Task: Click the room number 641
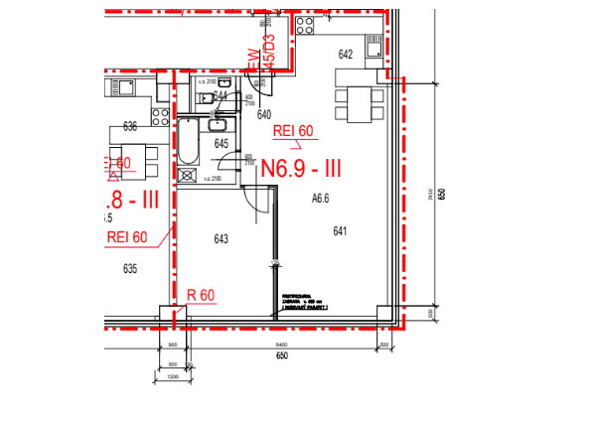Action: [x=340, y=231]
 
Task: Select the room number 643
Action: [x=221, y=238]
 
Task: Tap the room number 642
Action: [x=346, y=55]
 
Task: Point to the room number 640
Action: [x=264, y=114]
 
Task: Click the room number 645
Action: [x=222, y=143]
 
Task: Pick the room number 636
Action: [x=129, y=126]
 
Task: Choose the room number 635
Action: [x=129, y=268]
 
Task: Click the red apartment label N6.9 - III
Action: [x=300, y=167]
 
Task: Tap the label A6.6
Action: [x=320, y=199]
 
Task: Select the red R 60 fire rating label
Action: [x=201, y=295]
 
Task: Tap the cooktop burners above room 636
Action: [x=158, y=116]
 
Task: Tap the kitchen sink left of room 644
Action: [x=124, y=86]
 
